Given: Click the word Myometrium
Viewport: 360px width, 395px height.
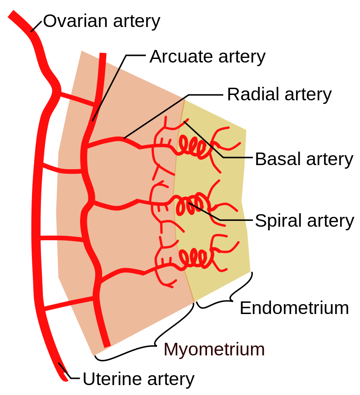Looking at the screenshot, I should click(214, 350).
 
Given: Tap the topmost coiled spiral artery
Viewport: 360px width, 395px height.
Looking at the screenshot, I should click(193, 146).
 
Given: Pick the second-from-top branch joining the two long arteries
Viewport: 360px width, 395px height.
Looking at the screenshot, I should click(63, 170).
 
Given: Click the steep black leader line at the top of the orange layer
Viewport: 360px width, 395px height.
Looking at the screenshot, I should click(106, 94).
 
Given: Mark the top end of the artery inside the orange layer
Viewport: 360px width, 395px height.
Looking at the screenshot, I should click(103, 56).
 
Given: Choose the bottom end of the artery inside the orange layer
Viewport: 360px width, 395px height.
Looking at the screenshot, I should click(107, 345).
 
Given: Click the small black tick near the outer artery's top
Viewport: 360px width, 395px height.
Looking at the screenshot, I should click(32, 30).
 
